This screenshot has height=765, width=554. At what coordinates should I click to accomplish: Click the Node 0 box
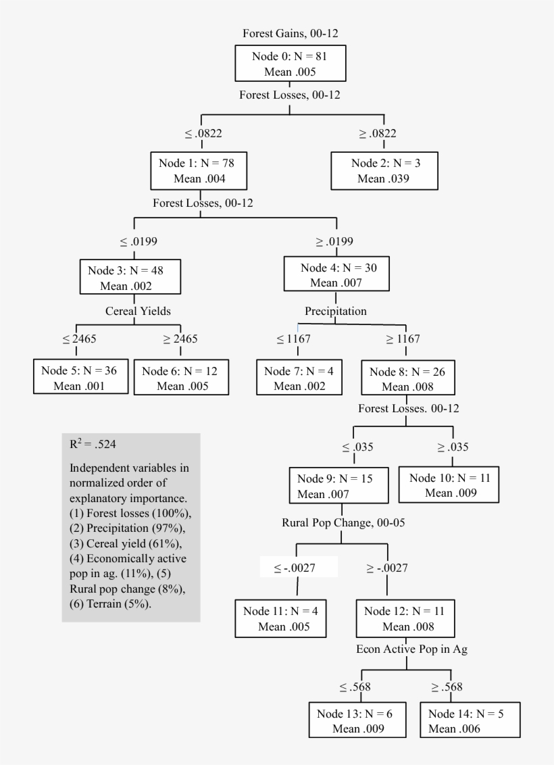(x=291, y=64)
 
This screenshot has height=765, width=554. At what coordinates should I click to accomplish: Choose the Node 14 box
(x=470, y=721)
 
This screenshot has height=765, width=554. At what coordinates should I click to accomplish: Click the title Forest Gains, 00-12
(x=290, y=32)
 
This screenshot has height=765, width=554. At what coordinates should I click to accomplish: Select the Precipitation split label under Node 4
(x=335, y=311)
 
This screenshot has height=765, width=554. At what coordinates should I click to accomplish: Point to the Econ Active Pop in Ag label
(x=412, y=649)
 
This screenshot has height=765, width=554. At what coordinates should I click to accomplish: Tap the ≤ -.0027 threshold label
(x=297, y=568)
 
